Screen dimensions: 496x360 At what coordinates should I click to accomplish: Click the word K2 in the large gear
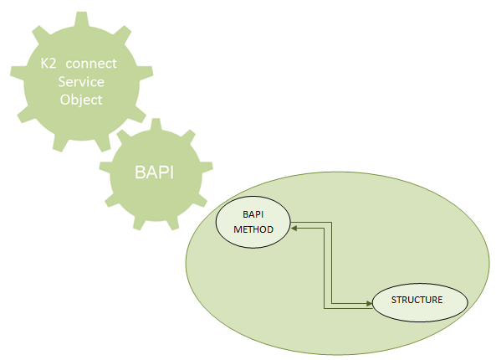pyautogui.click(x=49, y=64)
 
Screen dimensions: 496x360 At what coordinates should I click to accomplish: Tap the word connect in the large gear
pyautogui.click(x=91, y=64)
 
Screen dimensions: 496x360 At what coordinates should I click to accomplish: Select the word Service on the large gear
pyautogui.click(x=81, y=82)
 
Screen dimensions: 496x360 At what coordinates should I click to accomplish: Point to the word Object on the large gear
pyautogui.click(x=81, y=100)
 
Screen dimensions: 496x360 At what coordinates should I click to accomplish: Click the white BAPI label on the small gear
pyautogui.click(x=155, y=172)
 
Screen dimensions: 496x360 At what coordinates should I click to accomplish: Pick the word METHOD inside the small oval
pyautogui.click(x=253, y=229)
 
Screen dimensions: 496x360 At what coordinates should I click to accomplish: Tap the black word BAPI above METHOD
pyautogui.click(x=253, y=214)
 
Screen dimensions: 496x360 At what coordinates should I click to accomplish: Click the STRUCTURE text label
pyautogui.click(x=417, y=300)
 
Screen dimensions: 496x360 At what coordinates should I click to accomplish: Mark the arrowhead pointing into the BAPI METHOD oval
pyautogui.click(x=294, y=228)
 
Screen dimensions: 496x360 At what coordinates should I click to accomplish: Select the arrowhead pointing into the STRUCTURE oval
pyautogui.click(x=369, y=303)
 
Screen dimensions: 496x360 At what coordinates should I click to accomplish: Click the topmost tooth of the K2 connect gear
pyautogui.click(x=82, y=19)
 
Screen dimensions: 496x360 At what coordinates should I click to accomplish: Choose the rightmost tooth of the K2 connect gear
pyautogui.click(x=146, y=73)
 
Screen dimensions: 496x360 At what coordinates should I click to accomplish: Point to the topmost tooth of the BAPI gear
pyautogui.click(x=156, y=125)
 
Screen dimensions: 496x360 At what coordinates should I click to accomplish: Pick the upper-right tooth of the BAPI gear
pyautogui.click(x=189, y=136)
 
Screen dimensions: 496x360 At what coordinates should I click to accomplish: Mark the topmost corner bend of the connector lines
pyautogui.click(x=331, y=222)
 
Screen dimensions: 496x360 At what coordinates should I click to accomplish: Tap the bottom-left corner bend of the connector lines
pyautogui.click(x=324, y=308)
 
